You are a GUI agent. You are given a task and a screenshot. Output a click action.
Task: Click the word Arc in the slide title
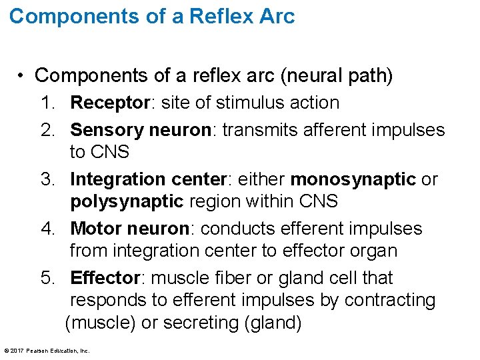275,16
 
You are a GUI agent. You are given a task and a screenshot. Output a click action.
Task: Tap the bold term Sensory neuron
140,129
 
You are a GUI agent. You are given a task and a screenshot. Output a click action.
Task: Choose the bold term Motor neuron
129,229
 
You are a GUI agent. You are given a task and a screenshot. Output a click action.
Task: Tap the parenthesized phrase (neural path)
337,75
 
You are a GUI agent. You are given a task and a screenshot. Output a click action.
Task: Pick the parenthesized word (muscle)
101,323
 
